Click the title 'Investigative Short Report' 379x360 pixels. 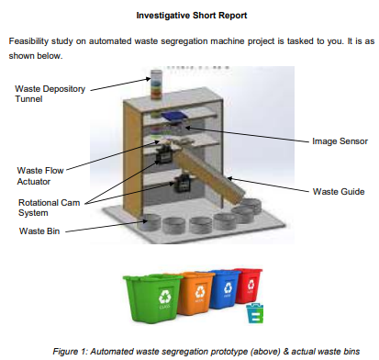click(189, 16)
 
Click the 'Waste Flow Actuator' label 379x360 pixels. click(39, 176)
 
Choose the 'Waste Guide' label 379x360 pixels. click(339, 191)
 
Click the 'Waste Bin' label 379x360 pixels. click(38, 230)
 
